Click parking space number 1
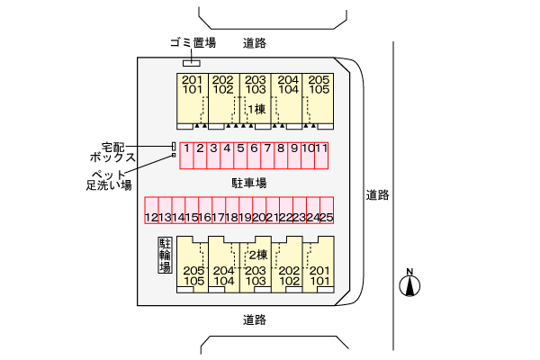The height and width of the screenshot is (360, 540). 185,155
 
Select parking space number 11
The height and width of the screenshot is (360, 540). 320,155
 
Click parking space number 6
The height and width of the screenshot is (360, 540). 255,155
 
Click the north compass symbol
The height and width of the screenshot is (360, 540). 409,284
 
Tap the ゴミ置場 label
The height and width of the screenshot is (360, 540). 192,42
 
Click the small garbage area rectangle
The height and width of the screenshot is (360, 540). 192,62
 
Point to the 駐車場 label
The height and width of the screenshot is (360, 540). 249,183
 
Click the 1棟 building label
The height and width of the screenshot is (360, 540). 256,110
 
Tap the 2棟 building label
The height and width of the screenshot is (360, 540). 258,255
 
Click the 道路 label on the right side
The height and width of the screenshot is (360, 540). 377,193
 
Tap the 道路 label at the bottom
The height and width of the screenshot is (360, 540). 255,319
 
